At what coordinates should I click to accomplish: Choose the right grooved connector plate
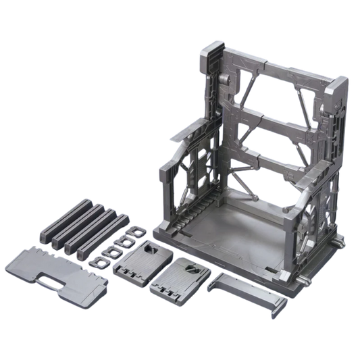pyautogui.click(x=178, y=276)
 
